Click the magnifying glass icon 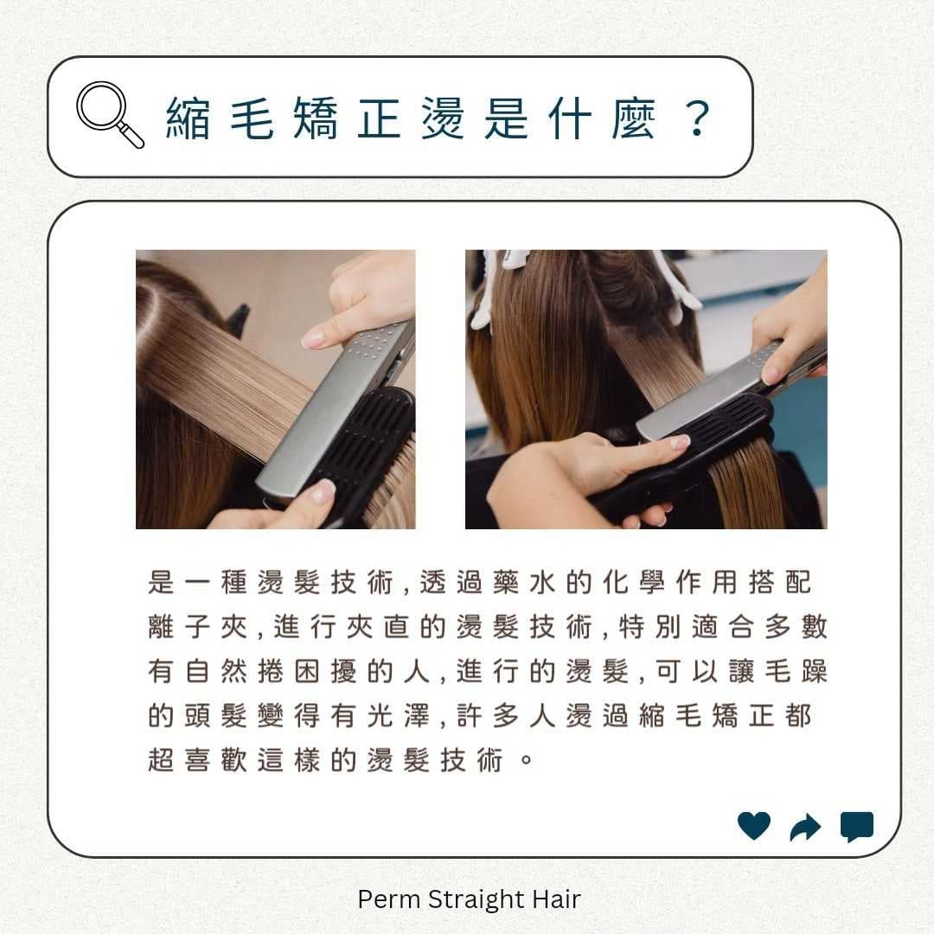click(109, 114)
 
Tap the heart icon click(754, 826)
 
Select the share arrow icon click(805, 827)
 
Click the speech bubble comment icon click(856, 827)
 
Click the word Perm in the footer click(389, 899)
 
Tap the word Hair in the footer click(556, 899)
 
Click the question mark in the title click(697, 118)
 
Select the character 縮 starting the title click(189, 118)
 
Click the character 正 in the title click(379, 118)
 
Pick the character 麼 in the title click(634, 118)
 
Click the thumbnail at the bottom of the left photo click(323, 491)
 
